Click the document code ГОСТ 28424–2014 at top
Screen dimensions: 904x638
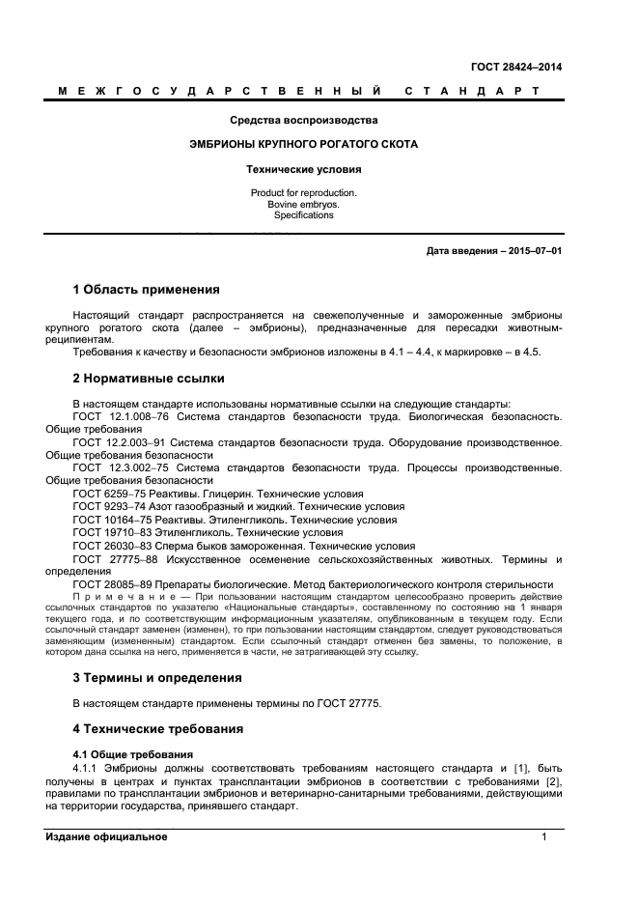[515, 67]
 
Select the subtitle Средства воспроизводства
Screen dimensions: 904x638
[303, 121]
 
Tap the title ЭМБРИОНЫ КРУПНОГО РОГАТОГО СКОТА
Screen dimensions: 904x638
[303, 144]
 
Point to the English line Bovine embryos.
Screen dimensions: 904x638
[303, 204]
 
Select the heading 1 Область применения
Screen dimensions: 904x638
[147, 289]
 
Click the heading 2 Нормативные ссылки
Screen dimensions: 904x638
[149, 379]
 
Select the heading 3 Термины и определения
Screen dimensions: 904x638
[157, 677]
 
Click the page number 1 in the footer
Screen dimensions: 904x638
[544, 836]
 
